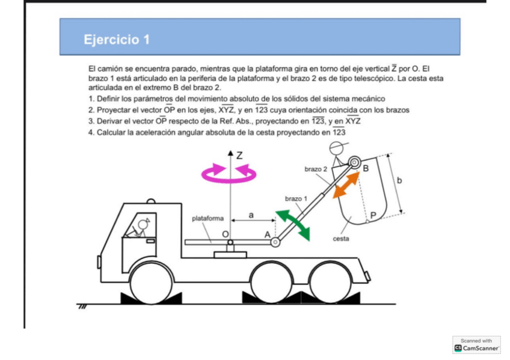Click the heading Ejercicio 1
(x=117, y=40)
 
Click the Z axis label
(x=239, y=155)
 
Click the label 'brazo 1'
(x=296, y=198)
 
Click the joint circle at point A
(x=275, y=242)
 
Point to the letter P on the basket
(x=373, y=215)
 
